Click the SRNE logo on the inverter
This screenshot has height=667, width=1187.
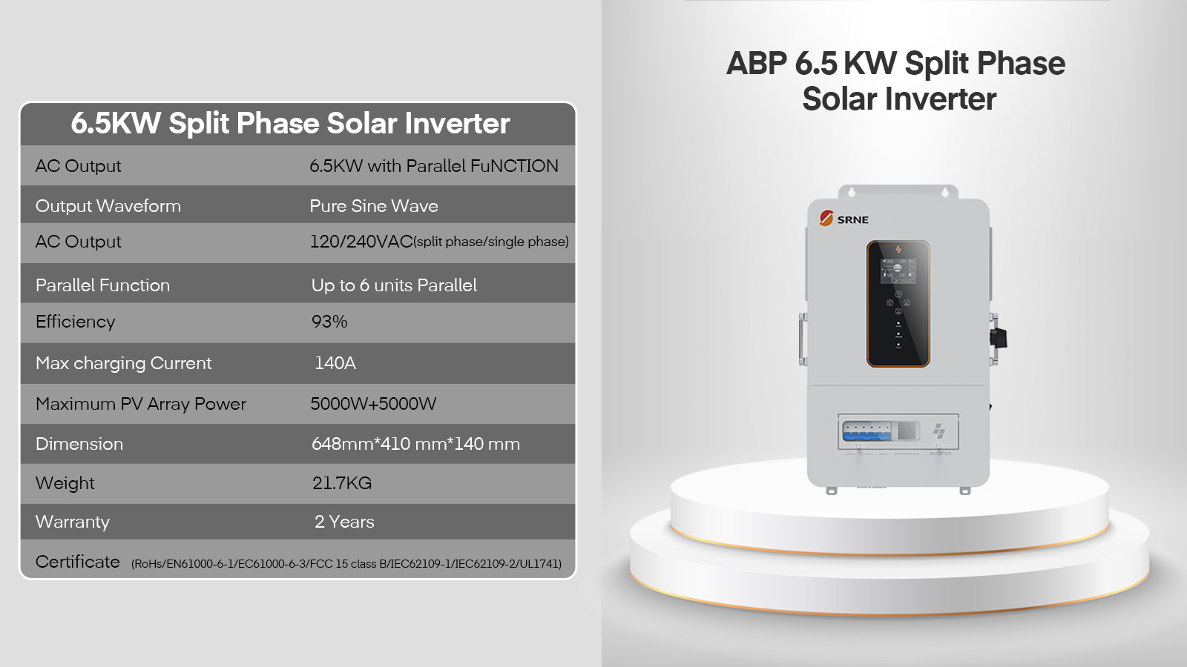click(844, 219)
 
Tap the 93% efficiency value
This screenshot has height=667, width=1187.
click(329, 322)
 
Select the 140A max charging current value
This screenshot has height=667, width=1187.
click(335, 363)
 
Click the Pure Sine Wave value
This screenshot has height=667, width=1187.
click(374, 206)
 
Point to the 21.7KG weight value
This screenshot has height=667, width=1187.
click(342, 483)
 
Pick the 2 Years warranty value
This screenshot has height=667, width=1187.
click(344, 522)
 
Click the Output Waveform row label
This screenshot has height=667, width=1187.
click(108, 206)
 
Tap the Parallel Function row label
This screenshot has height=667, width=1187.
click(103, 285)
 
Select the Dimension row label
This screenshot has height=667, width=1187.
click(79, 444)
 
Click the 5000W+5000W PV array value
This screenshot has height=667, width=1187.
click(373, 404)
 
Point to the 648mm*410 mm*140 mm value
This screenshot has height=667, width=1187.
click(415, 444)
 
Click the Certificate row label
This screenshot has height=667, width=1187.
click(77, 562)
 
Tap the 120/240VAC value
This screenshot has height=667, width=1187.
click(361, 242)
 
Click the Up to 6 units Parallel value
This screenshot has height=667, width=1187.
click(394, 285)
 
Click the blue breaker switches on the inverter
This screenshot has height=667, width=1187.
click(867, 431)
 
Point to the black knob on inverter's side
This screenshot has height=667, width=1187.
click(999, 338)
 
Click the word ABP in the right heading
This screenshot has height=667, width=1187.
click(757, 64)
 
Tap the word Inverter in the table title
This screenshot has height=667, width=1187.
click(457, 123)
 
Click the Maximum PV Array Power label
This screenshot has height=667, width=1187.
click(141, 404)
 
